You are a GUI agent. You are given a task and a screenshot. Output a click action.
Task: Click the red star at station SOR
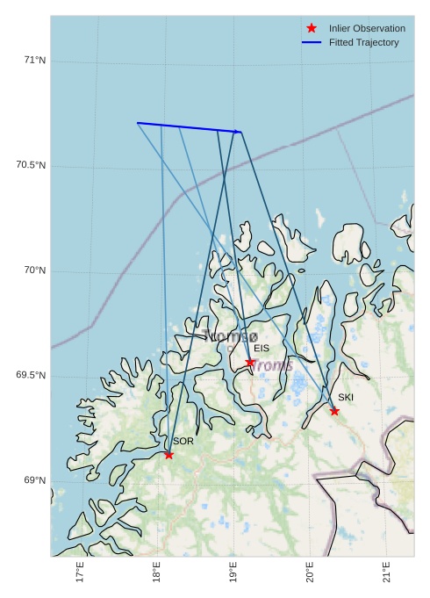[168, 454]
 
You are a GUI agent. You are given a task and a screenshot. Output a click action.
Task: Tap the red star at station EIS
[250, 362]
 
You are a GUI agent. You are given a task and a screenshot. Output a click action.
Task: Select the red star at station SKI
[334, 411]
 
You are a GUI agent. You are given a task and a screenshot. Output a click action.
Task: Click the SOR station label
[183, 441]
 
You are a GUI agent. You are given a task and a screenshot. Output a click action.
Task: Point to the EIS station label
[262, 349]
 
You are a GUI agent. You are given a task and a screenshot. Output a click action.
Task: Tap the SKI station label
[346, 398]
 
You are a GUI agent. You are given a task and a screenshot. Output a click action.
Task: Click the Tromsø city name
[230, 336]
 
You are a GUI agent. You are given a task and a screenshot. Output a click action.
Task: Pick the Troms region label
[272, 365]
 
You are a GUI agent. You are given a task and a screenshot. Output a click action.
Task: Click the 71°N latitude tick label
[34, 61]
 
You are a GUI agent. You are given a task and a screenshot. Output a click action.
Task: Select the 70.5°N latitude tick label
[31, 166]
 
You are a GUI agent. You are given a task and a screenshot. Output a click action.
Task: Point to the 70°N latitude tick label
[34, 270]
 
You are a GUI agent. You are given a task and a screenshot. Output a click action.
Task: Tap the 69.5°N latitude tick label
[31, 376]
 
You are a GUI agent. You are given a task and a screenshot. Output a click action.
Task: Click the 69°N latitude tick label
[34, 480]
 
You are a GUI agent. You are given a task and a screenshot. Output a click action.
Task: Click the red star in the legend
[312, 28]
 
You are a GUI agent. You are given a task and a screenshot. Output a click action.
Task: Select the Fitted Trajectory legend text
[363, 42]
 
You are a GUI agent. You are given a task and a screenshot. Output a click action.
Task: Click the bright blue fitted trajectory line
[189, 127]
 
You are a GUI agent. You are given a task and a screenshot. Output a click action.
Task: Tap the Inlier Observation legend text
[367, 28]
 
